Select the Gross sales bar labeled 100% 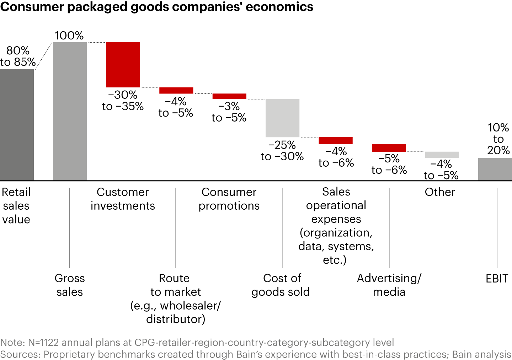pos(70,111)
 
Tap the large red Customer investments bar pos(123,65)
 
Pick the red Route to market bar pos(176,90)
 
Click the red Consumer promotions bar pos(229,96)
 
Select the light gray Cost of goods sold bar pos(282,118)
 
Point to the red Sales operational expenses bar pos(336,140)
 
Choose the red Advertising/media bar pos(389,148)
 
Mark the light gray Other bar pos(442,155)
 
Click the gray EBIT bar pos(495,169)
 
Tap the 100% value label pos(69,36)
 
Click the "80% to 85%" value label pos(18,56)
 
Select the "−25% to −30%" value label pos(282,151)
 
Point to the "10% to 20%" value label pos(498,139)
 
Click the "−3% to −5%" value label pos(229,112)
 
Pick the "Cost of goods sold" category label pos(281,285)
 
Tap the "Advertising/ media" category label pos(389,285)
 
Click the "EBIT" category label pos(497,279)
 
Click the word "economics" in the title pos(279,7)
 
